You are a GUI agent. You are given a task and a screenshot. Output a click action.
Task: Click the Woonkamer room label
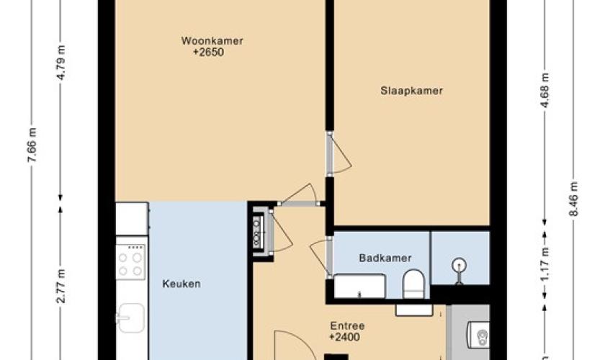pos(212,40)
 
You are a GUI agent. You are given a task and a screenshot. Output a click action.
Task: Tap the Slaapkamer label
pos(412,91)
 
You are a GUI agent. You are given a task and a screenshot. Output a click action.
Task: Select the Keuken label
pos(181,284)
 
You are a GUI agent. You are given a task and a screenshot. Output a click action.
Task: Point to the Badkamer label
pos(385,258)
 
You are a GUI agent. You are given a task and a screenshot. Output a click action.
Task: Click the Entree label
pos(347,326)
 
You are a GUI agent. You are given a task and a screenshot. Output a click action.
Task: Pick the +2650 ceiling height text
pos(209,52)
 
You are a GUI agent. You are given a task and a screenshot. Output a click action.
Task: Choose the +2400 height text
pos(344,337)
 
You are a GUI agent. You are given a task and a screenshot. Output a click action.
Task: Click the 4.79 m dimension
pos(61,63)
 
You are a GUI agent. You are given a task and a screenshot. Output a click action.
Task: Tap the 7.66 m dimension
pos(32,145)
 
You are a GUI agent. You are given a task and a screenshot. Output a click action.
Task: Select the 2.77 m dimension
pos(61,286)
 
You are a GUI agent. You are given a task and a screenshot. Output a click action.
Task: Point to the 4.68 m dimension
pos(544,91)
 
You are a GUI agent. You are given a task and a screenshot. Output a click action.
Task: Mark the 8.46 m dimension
pos(574,199)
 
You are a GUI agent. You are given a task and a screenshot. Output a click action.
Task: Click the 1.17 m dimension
pos(544,265)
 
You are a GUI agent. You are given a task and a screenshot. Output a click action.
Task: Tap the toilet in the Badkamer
pos(413,284)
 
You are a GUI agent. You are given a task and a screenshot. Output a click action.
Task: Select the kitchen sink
pos(130,318)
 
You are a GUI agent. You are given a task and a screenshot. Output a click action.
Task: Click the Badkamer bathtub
pos(359,286)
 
